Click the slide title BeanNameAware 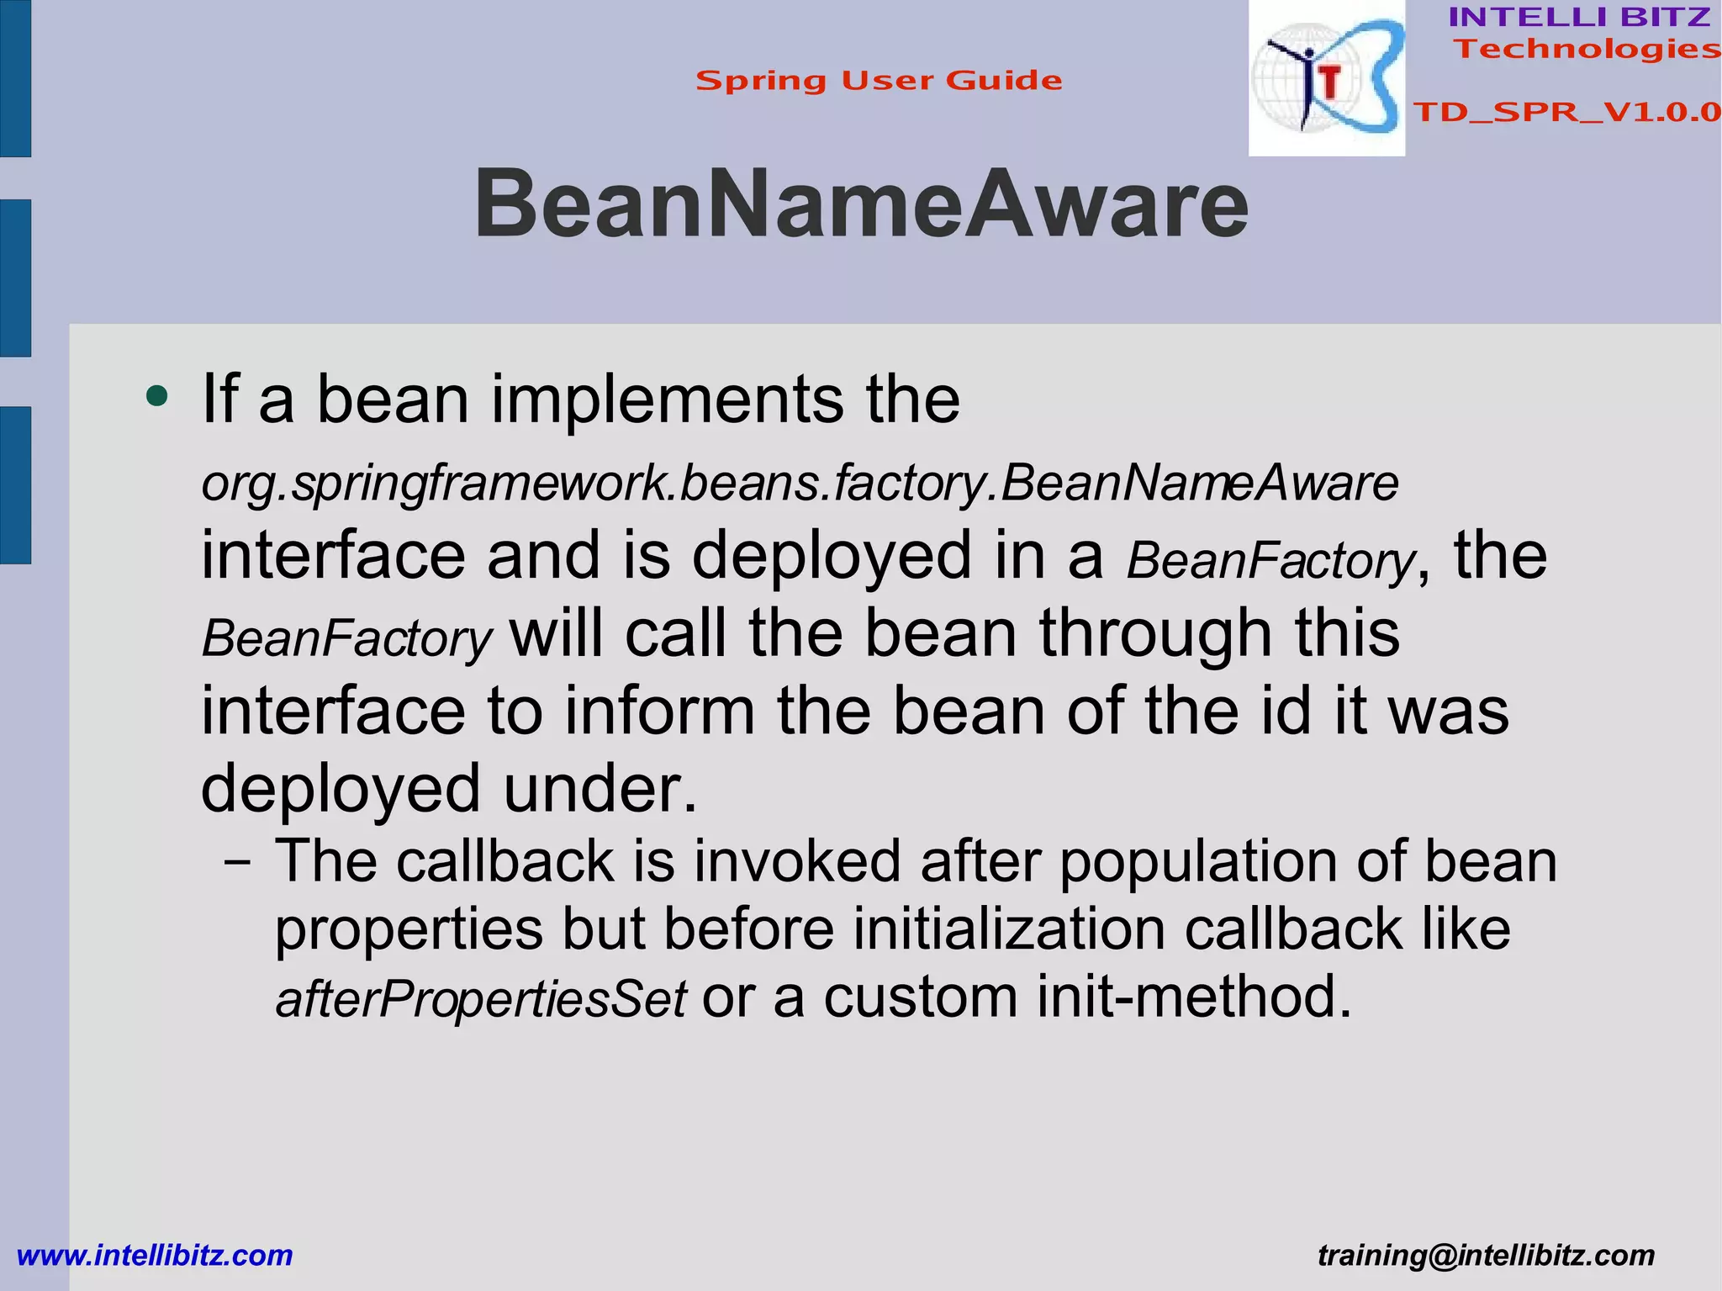pos(861,204)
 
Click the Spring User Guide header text pos(879,81)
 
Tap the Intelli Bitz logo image pos(1326,78)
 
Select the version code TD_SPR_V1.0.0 pos(1566,112)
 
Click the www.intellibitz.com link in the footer pos(155,1255)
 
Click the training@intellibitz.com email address pos(1486,1255)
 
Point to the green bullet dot pos(156,395)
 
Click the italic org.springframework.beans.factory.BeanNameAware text pos(800,484)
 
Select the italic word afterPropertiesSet pos(481,999)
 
